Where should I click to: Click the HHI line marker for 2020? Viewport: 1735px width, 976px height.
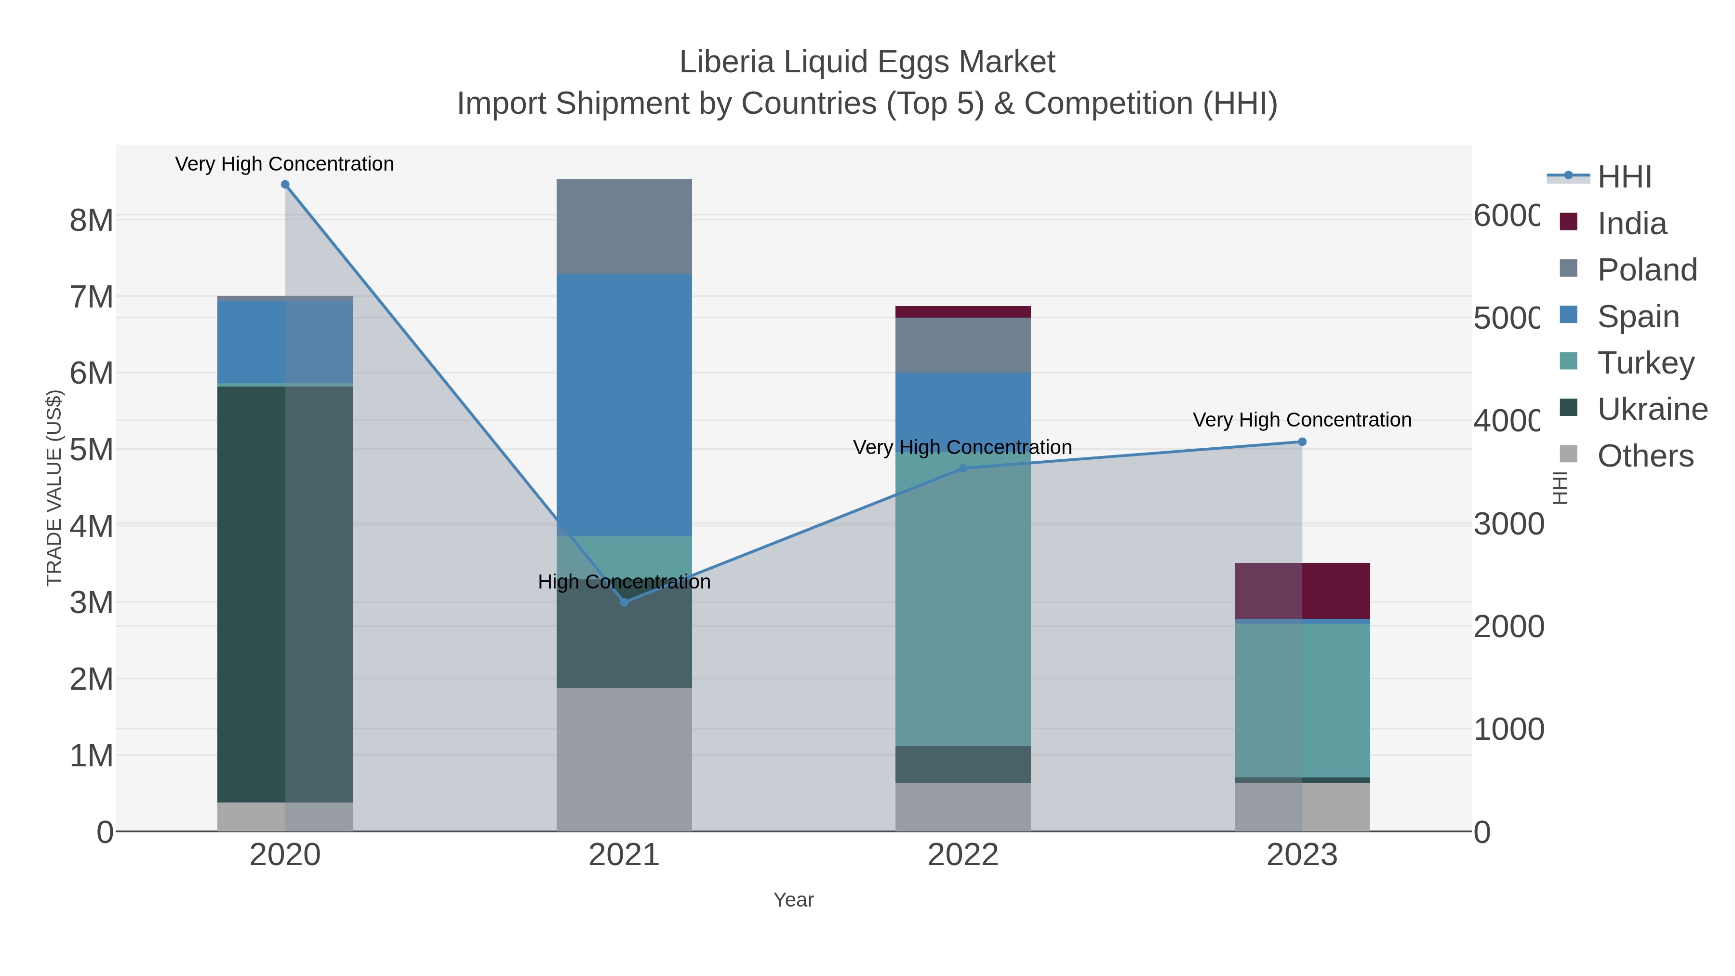pos(285,185)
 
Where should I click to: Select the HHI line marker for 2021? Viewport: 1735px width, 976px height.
pos(624,602)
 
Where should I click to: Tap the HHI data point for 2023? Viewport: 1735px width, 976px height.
pos(1302,442)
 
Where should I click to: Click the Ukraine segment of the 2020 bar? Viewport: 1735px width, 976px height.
pos(251,593)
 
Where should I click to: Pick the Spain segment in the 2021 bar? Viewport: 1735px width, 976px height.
pos(624,404)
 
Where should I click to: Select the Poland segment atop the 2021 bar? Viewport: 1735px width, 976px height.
pos(624,226)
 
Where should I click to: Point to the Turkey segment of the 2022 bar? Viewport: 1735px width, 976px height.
pos(962,606)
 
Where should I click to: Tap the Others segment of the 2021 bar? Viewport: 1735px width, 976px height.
pos(624,759)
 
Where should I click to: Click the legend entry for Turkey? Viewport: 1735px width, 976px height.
pos(1645,363)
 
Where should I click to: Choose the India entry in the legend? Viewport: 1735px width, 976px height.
pos(1632,224)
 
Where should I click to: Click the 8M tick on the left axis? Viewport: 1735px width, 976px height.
pos(92,220)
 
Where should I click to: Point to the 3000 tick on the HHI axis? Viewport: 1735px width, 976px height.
pos(1508,524)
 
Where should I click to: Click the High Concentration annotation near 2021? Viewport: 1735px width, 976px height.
pos(624,582)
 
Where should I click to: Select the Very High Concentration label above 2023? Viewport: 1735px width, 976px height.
pos(1301,420)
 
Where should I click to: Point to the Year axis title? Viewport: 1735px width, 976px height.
pos(793,900)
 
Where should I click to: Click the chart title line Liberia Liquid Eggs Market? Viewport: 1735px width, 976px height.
pos(867,62)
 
